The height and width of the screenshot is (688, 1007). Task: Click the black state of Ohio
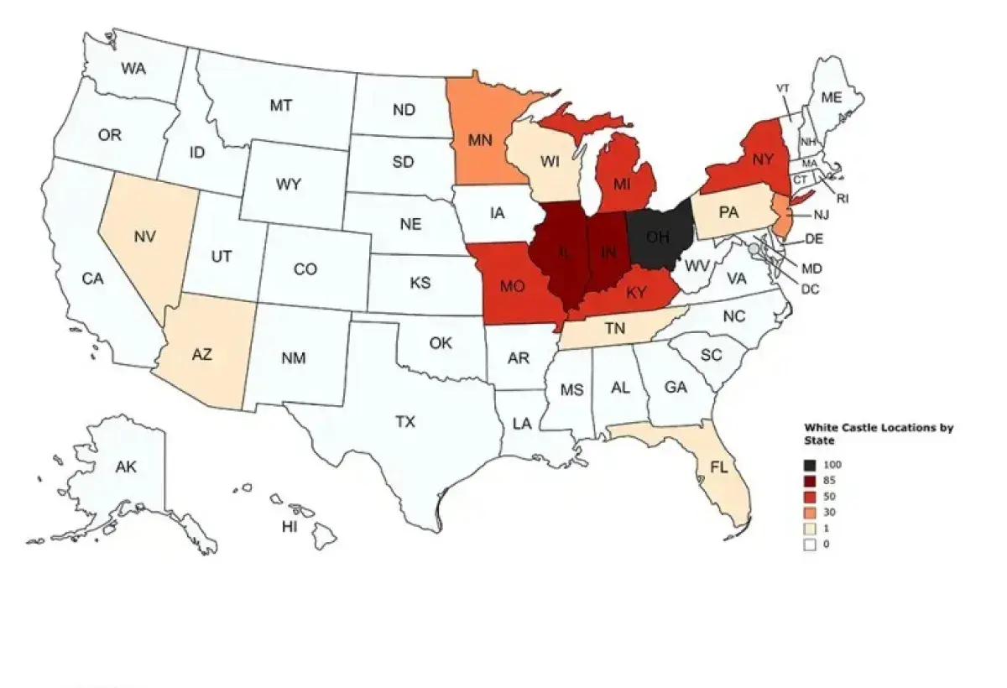(x=660, y=237)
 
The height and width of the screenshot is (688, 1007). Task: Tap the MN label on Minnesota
(x=480, y=140)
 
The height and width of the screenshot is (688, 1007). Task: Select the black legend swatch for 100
(x=810, y=465)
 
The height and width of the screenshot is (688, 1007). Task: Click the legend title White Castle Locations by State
(x=878, y=434)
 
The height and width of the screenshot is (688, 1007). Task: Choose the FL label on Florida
(x=719, y=468)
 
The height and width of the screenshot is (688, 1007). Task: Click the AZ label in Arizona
(x=201, y=355)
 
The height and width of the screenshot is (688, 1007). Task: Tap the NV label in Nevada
(x=144, y=237)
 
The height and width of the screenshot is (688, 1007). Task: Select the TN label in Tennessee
(x=614, y=330)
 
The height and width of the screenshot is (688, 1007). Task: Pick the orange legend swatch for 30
(x=810, y=513)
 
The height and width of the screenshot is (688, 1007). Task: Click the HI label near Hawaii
(x=290, y=527)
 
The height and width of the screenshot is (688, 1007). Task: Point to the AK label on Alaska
(x=126, y=467)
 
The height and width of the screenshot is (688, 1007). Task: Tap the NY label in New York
(x=762, y=159)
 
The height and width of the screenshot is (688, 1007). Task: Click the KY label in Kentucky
(x=635, y=293)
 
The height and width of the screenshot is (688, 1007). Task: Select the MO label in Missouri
(x=512, y=287)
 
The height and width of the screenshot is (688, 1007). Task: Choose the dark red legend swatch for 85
(x=810, y=481)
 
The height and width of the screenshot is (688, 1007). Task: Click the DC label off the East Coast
(x=810, y=289)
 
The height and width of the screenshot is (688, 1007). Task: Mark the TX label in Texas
(x=405, y=422)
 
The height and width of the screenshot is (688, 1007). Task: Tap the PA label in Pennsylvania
(x=728, y=213)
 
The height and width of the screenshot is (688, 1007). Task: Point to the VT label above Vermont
(x=783, y=88)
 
